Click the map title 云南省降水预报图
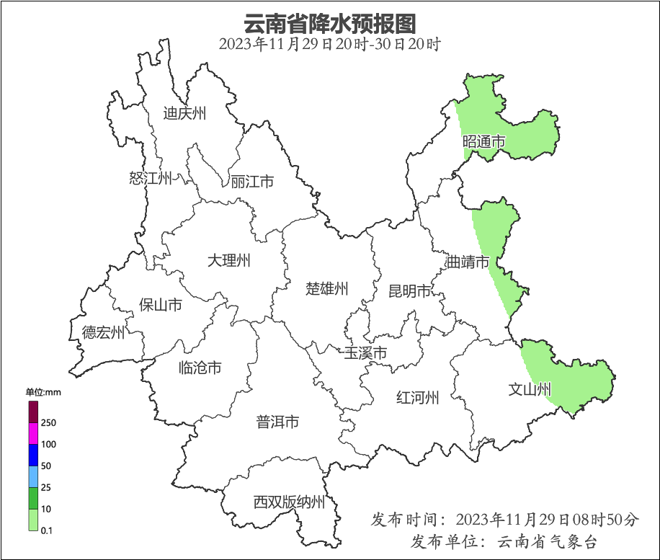(x=330, y=23)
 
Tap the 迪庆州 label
(x=184, y=113)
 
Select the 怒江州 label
(x=151, y=178)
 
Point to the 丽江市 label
(x=252, y=182)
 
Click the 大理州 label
(x=228, y=260)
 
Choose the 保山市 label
(x=160, y=305)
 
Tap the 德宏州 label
(x=103, y=332)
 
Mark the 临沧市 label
(x=200, y=368)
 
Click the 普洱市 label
(x=277, y=422)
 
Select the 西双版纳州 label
(x=289, y=502)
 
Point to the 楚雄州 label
(x=327, y=289)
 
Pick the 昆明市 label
(x=409, y=290)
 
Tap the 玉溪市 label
(x=365, y=353)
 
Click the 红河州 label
(x=418, y=397)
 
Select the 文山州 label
(x=530, y=390)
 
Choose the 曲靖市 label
(x=468, y=262)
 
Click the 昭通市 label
(x=483, y=142)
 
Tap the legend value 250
(x=49, y=422)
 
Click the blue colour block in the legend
(x=33, y=455)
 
